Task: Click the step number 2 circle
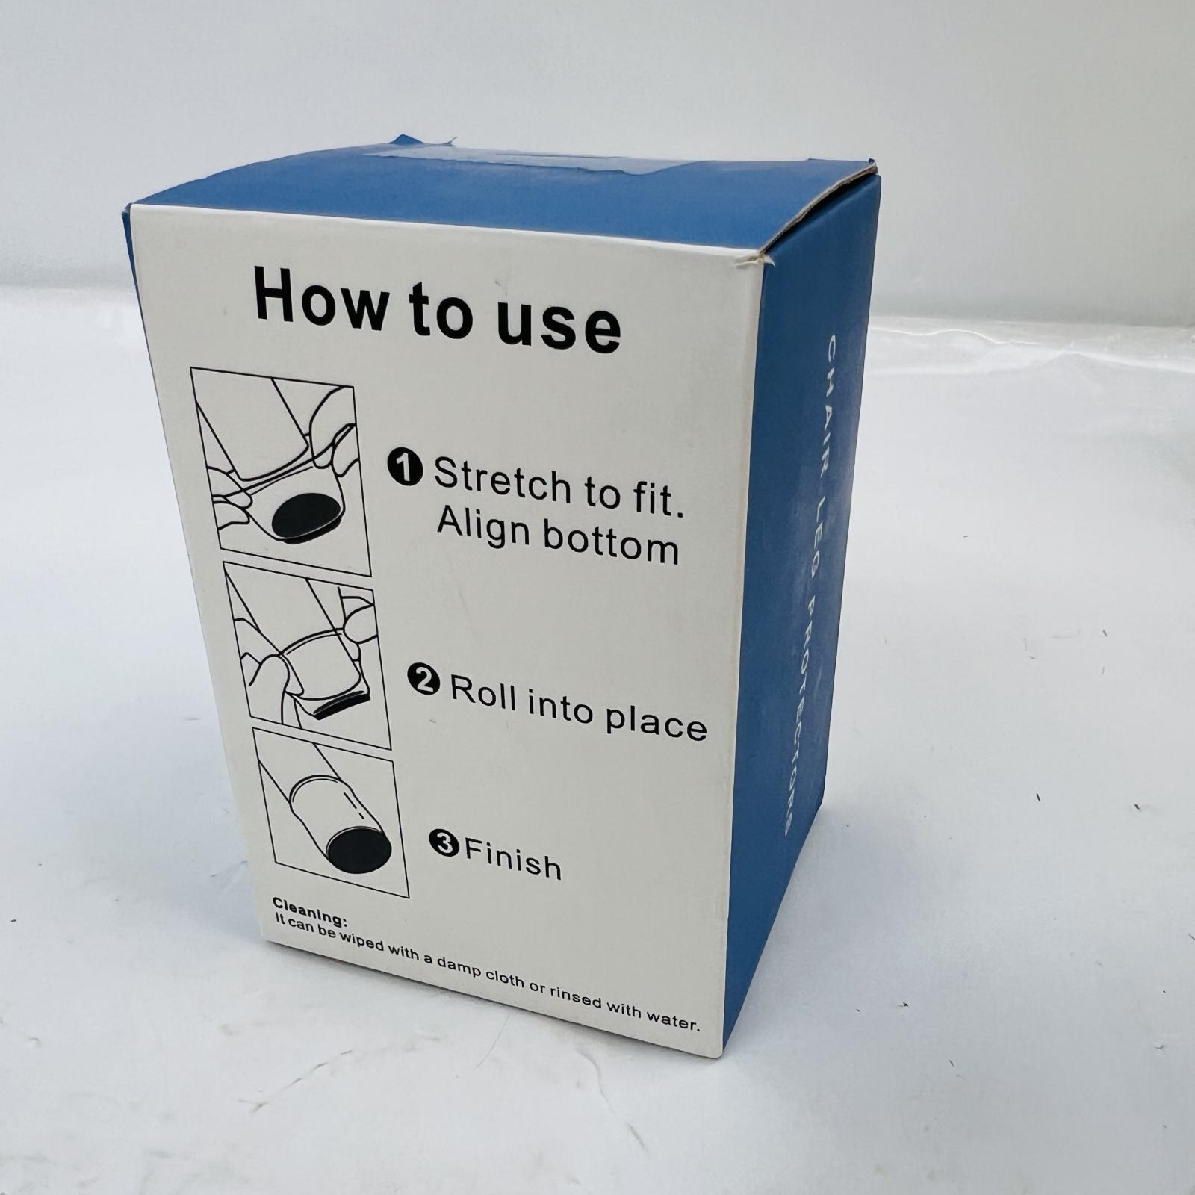[x=423, y=680]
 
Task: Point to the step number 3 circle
[x=444, y=844]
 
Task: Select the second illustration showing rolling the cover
[x=308, y=655]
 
